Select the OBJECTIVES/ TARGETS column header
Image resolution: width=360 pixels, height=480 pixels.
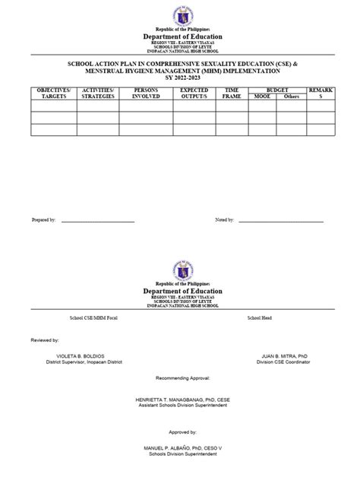click(53, 93)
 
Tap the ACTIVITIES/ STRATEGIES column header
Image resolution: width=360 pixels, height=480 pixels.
click(97, 93)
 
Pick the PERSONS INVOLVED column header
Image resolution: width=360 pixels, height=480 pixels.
click(146, 93)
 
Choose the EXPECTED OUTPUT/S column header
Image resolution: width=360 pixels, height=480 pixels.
click(194, 93)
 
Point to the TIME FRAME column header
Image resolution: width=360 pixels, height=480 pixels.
click(232, 93)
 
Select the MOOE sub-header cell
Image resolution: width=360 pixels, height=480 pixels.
click(262, 97)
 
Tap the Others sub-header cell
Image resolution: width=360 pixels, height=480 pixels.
click(292, 97)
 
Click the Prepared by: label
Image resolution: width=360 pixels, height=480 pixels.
click(43, 219)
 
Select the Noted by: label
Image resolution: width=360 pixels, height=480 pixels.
click(225, 219)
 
